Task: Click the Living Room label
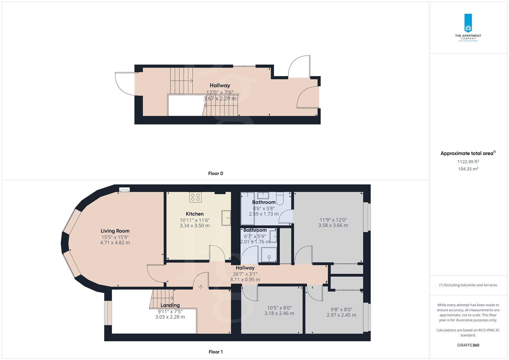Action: tap(115, 231)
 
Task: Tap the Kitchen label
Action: tap(195, 214)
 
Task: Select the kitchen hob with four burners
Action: tap(195, 197)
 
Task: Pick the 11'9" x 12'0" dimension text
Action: tap(333, 220)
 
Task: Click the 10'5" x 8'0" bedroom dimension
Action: tap(279, 308)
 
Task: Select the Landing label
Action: tap(170, 305)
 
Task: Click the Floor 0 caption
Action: tap(215, 173)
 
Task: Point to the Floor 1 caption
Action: tap(215, 352)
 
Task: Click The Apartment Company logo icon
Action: tap(468, 23)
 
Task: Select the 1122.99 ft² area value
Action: tap(468, 162)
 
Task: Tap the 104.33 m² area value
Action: tap(468, 169)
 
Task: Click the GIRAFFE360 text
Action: tap(468, 345)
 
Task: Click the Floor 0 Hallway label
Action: tap(220, 86)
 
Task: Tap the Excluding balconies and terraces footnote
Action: tap(468, 285)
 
